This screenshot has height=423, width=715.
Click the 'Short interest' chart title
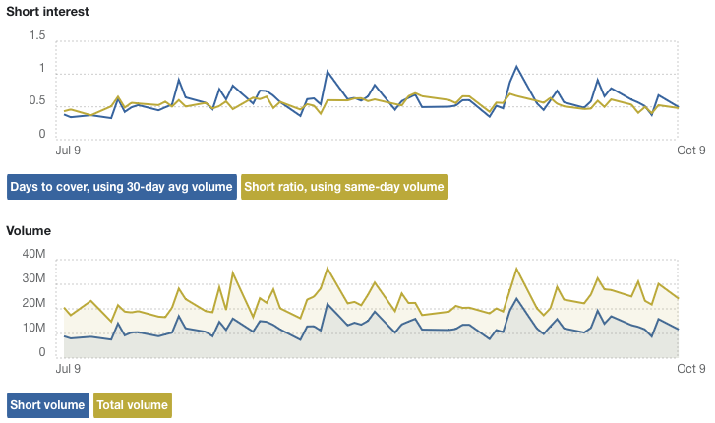[47, 12]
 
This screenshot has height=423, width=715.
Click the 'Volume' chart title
[29, 231]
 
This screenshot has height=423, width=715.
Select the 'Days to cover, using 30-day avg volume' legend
[122, 187]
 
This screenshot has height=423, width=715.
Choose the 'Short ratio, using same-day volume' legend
[344, 187]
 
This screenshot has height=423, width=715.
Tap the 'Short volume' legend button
[47, 404]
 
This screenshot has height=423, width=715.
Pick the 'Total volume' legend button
[131, 404]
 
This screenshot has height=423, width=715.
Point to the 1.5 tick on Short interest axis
[37, 35]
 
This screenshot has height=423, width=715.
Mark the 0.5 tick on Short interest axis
[37, 100]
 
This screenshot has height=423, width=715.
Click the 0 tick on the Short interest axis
[42, 133]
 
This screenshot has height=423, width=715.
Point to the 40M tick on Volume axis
[33, 254]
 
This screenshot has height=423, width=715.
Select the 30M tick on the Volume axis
[33, 278]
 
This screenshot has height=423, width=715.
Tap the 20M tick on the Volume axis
[33, 303]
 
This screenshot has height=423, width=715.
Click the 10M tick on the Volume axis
[33, 328]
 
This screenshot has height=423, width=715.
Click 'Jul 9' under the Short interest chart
[69, 151]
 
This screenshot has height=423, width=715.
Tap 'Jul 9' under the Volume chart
[69, 369]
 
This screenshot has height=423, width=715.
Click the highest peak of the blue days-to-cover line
[517, 67]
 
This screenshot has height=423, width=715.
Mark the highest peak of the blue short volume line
[517, 298]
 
